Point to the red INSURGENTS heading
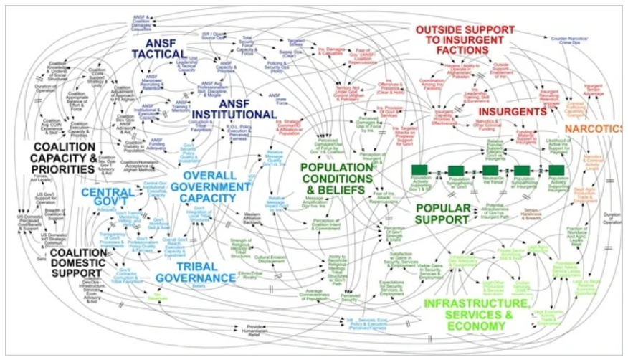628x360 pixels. coord(513,113)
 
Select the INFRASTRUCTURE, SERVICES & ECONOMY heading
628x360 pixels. coord(478,310)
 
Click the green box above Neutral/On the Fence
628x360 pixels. coord(490,170)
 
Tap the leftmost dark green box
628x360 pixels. coord(420,170)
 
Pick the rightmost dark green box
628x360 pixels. coord(556,170)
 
